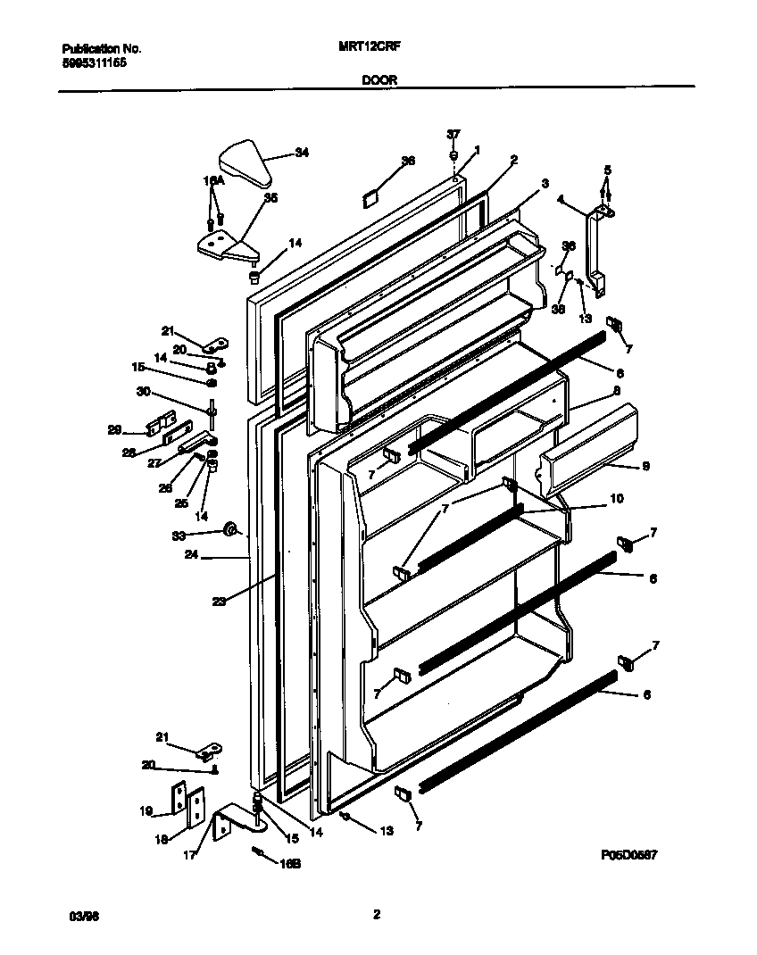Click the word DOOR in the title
[379, 79]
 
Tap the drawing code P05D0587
[629, 854]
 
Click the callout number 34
[302, 154]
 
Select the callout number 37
[453, 134]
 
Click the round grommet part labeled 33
[230, 531]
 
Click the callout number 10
[616, 498]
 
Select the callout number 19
[146, 812]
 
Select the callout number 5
[608, 170]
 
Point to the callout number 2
[514, 161]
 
